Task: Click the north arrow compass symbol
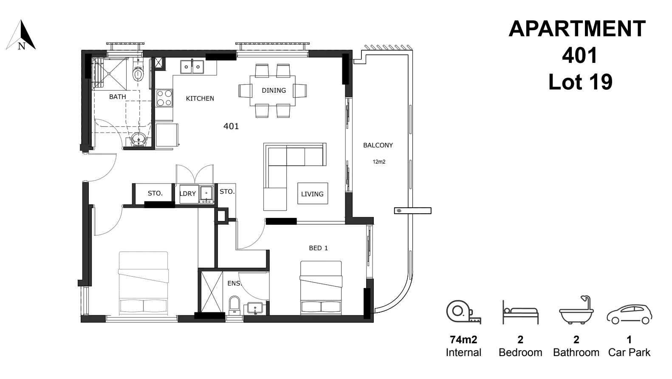click(21, 36)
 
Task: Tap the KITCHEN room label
click(200, 99)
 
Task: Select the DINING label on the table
click(274, 90)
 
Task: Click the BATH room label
click(117, 97)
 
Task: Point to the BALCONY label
click(378, 145)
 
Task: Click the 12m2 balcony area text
click(379, 162)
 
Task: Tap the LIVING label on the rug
click(312, 194)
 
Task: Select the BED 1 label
click(318, 248)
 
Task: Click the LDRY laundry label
click(187, 194)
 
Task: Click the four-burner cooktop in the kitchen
click(164, 98)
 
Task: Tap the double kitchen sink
click(192, 67)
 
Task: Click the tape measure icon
click(463, 312)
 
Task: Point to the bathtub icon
click(576, 311)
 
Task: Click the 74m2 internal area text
click(463, 339)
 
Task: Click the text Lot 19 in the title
click(580, 82)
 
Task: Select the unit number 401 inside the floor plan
click(231, 126)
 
